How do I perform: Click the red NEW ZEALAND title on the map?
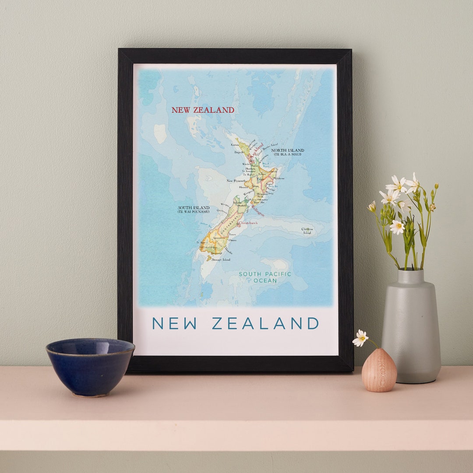(x=203, y=110)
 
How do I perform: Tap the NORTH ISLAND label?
(x=288, y=150)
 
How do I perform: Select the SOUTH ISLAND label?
(x=193, y=207)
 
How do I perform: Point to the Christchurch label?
(x=248, y=223)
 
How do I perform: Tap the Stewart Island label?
(x=221, y=260)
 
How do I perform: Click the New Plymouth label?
(x=236, y=180)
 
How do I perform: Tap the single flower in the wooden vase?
(x=360, y=338)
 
